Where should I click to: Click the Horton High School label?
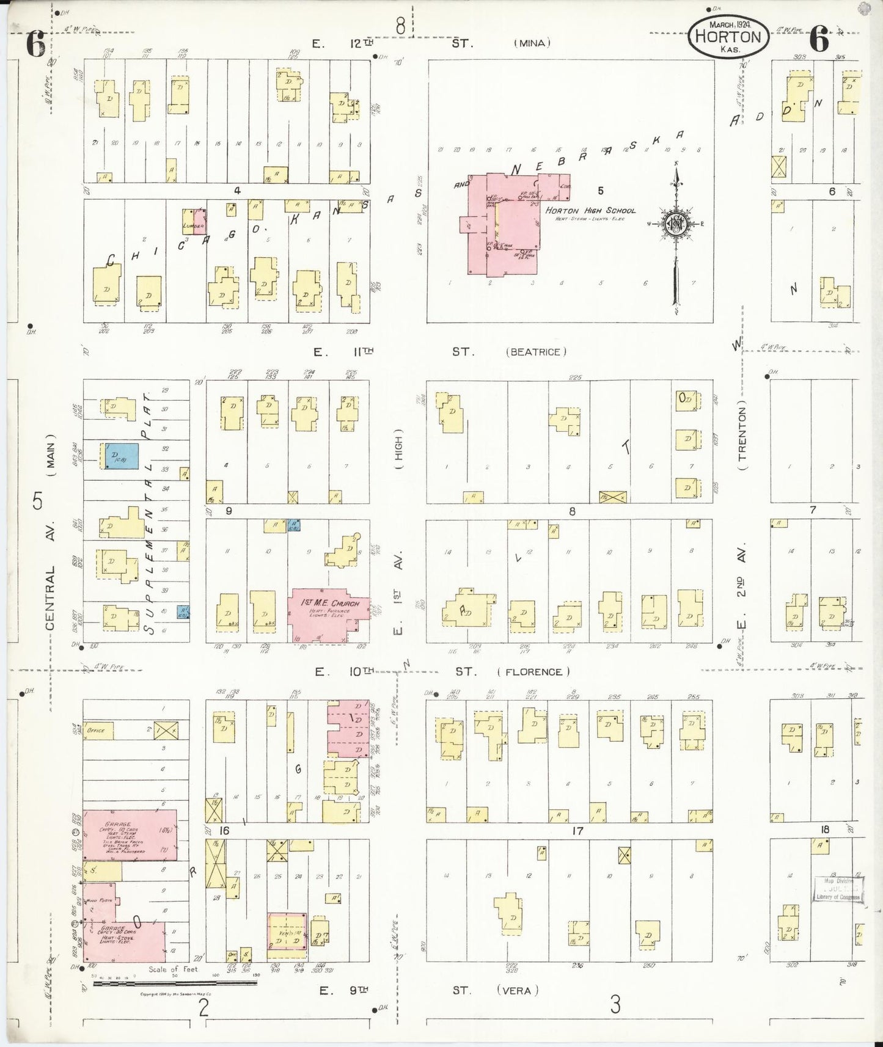590,211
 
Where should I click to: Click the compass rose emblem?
676,223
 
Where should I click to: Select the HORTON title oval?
728,37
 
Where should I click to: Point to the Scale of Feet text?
173,969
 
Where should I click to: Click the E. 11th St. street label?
342,352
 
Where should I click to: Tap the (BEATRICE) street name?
536,352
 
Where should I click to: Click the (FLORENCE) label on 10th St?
533,672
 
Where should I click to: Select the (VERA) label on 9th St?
517,991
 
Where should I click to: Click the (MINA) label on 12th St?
532,43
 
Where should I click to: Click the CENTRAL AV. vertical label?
50,574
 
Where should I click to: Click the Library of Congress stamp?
837,889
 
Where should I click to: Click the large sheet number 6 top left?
35,45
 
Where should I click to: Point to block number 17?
577,831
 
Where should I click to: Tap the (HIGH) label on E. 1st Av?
398,452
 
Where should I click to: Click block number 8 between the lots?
572,511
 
